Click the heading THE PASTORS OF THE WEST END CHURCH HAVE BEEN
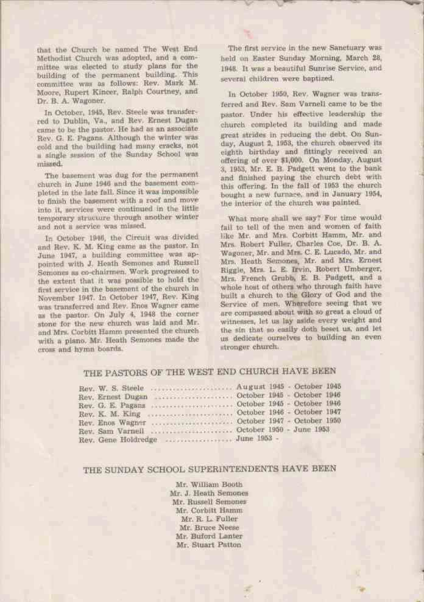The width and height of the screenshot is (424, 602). [209, 371]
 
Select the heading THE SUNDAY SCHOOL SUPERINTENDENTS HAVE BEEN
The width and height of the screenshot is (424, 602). [209, 469]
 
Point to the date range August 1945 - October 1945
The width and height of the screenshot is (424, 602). [289, 387]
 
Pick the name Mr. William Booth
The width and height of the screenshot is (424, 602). [208, 485]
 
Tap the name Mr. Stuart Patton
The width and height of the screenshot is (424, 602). [208, 545]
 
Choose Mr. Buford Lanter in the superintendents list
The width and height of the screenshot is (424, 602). [208, 536]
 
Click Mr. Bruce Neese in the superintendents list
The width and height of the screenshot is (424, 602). [208, 528]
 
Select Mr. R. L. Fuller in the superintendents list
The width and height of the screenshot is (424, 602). [208, 519]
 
